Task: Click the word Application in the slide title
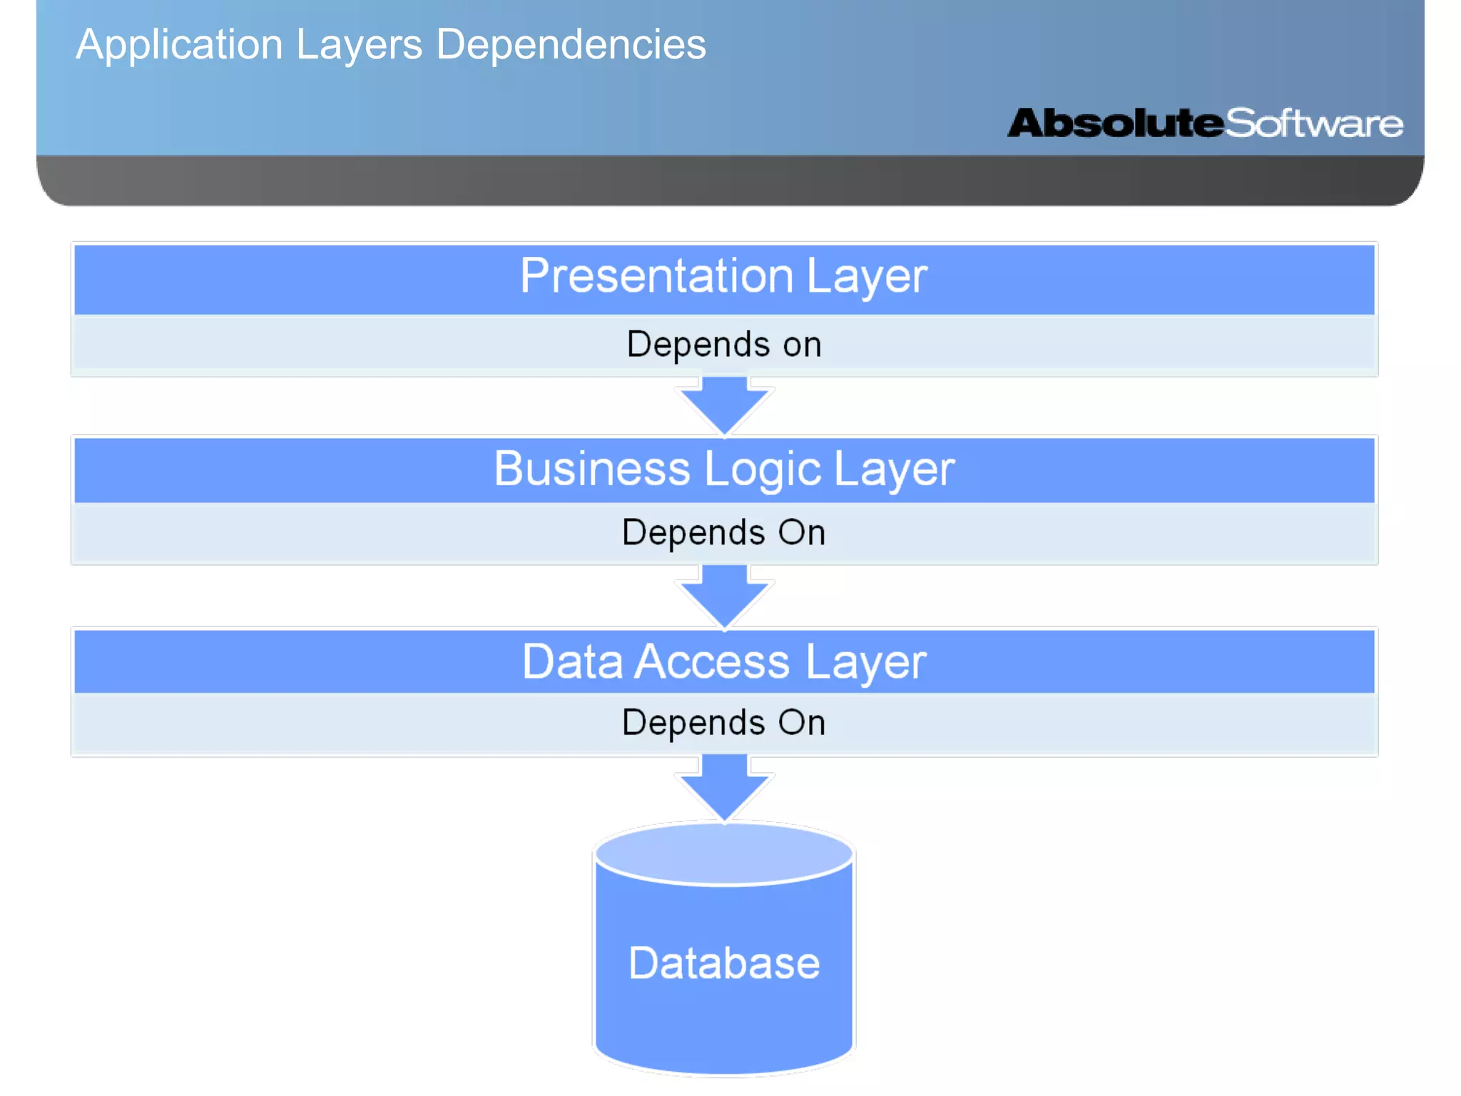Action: [178, 45]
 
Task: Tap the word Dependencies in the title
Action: [571, 45]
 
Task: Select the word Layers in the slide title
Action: [359, 45]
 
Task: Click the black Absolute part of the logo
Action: [1115, 123]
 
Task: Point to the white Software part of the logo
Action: [1314, 123]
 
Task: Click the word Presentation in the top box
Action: [656, 276]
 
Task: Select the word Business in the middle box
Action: [592, 470]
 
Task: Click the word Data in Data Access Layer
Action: [572, 661]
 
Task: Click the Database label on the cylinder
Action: [724, 963]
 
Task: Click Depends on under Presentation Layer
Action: [724, 345]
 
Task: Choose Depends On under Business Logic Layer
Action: [724, 532]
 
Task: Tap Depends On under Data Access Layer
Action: [724, 723]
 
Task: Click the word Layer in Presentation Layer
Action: [866, 276]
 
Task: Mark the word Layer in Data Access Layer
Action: [865, 661]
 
